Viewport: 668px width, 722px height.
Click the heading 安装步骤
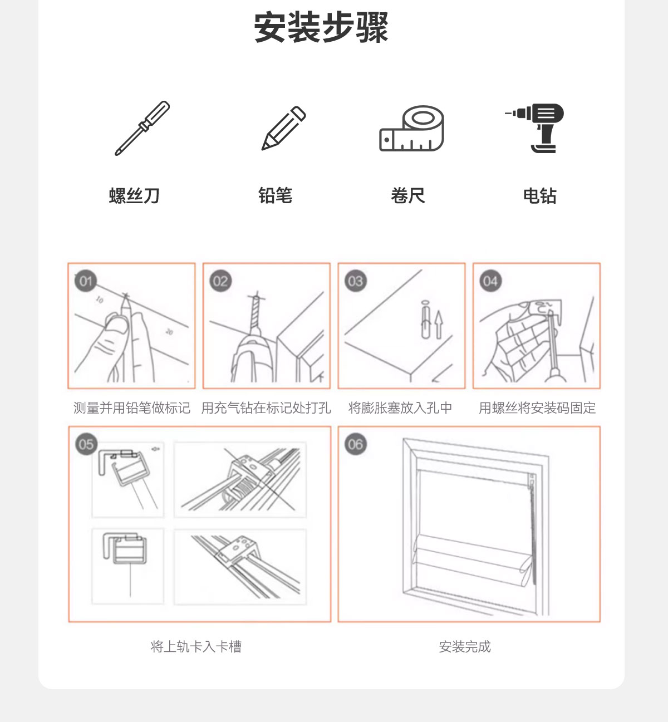click(x=321, y=28)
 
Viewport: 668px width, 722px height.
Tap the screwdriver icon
click(x=142, y=129)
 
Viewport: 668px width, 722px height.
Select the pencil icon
click(x=284, y=128)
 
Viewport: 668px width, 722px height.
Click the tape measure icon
click(x=411, y=129)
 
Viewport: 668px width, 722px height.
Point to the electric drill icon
click(x=534, y=128)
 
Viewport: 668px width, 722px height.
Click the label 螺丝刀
click(x=135, y=195)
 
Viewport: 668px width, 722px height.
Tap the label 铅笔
click(x=276, y=195)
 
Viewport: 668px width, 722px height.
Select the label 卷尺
click(x=408, y=195)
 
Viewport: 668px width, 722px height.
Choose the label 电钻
click(x=540, y=195)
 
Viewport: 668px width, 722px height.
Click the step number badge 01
click(x=86, y=281)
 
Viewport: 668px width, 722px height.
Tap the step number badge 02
click(x=220, y=281)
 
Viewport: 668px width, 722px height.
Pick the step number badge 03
click(x=355, y=281)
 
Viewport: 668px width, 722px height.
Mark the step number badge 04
click(x=490, y=281)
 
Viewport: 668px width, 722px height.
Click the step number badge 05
click(x=86, y=444)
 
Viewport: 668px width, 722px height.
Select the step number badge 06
click(x=355, y=444)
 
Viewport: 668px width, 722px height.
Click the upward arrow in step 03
click(x=439, y=325)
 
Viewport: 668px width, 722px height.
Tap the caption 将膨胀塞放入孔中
click(x=400, y=408)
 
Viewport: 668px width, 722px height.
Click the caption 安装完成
click(x=465, y=647)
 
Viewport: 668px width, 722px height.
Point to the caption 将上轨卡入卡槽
click(x=196, y=647)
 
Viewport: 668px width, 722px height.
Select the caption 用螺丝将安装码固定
click(x=537, y=408)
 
